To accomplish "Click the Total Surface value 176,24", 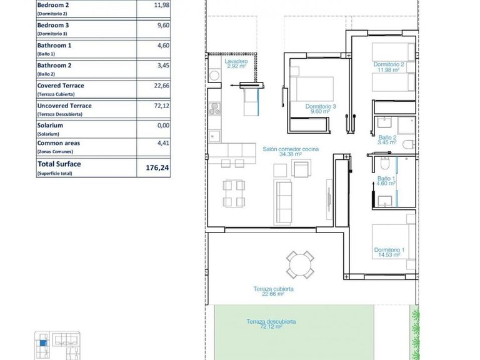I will (161, 167).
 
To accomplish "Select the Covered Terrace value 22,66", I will (162, 86).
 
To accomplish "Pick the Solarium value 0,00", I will (163, 125).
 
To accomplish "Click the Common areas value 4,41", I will (163, 144).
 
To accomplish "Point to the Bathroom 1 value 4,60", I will (162, 46).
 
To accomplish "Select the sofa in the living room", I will (285, 200).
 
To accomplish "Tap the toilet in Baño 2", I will (408, 145).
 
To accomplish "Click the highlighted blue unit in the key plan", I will (42, 341).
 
